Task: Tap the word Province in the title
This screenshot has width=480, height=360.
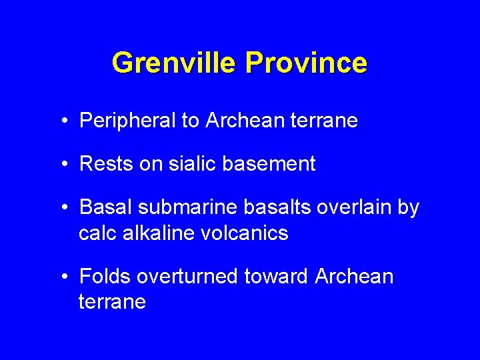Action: [305, 63]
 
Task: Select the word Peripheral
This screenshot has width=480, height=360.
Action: [125, 121]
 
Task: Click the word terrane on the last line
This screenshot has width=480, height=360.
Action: [112, 302]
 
